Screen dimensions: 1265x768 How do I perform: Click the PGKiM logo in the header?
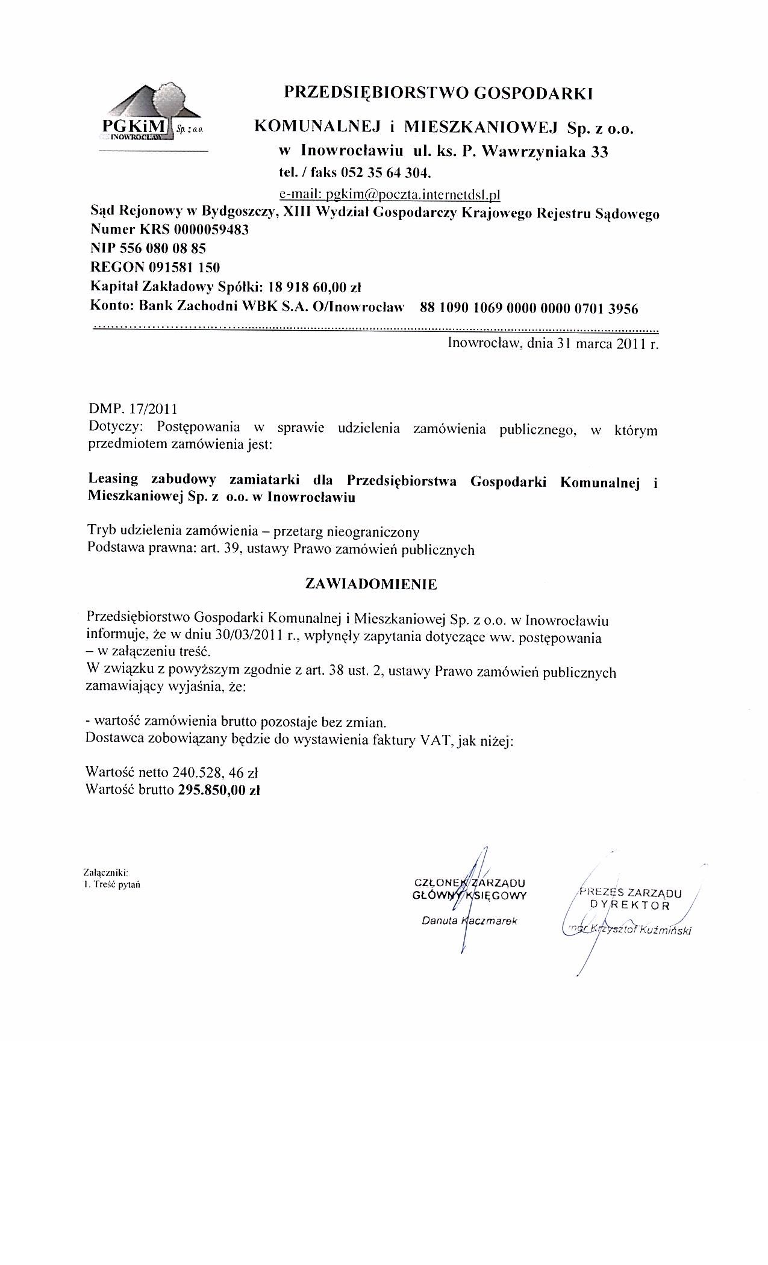click(x=151, y=114)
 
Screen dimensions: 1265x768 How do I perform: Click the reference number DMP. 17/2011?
click(x=133, y=410)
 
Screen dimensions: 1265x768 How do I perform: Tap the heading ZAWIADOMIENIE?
click(x=372, y=584)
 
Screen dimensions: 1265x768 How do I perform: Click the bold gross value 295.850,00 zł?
click(x=219, y=790)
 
